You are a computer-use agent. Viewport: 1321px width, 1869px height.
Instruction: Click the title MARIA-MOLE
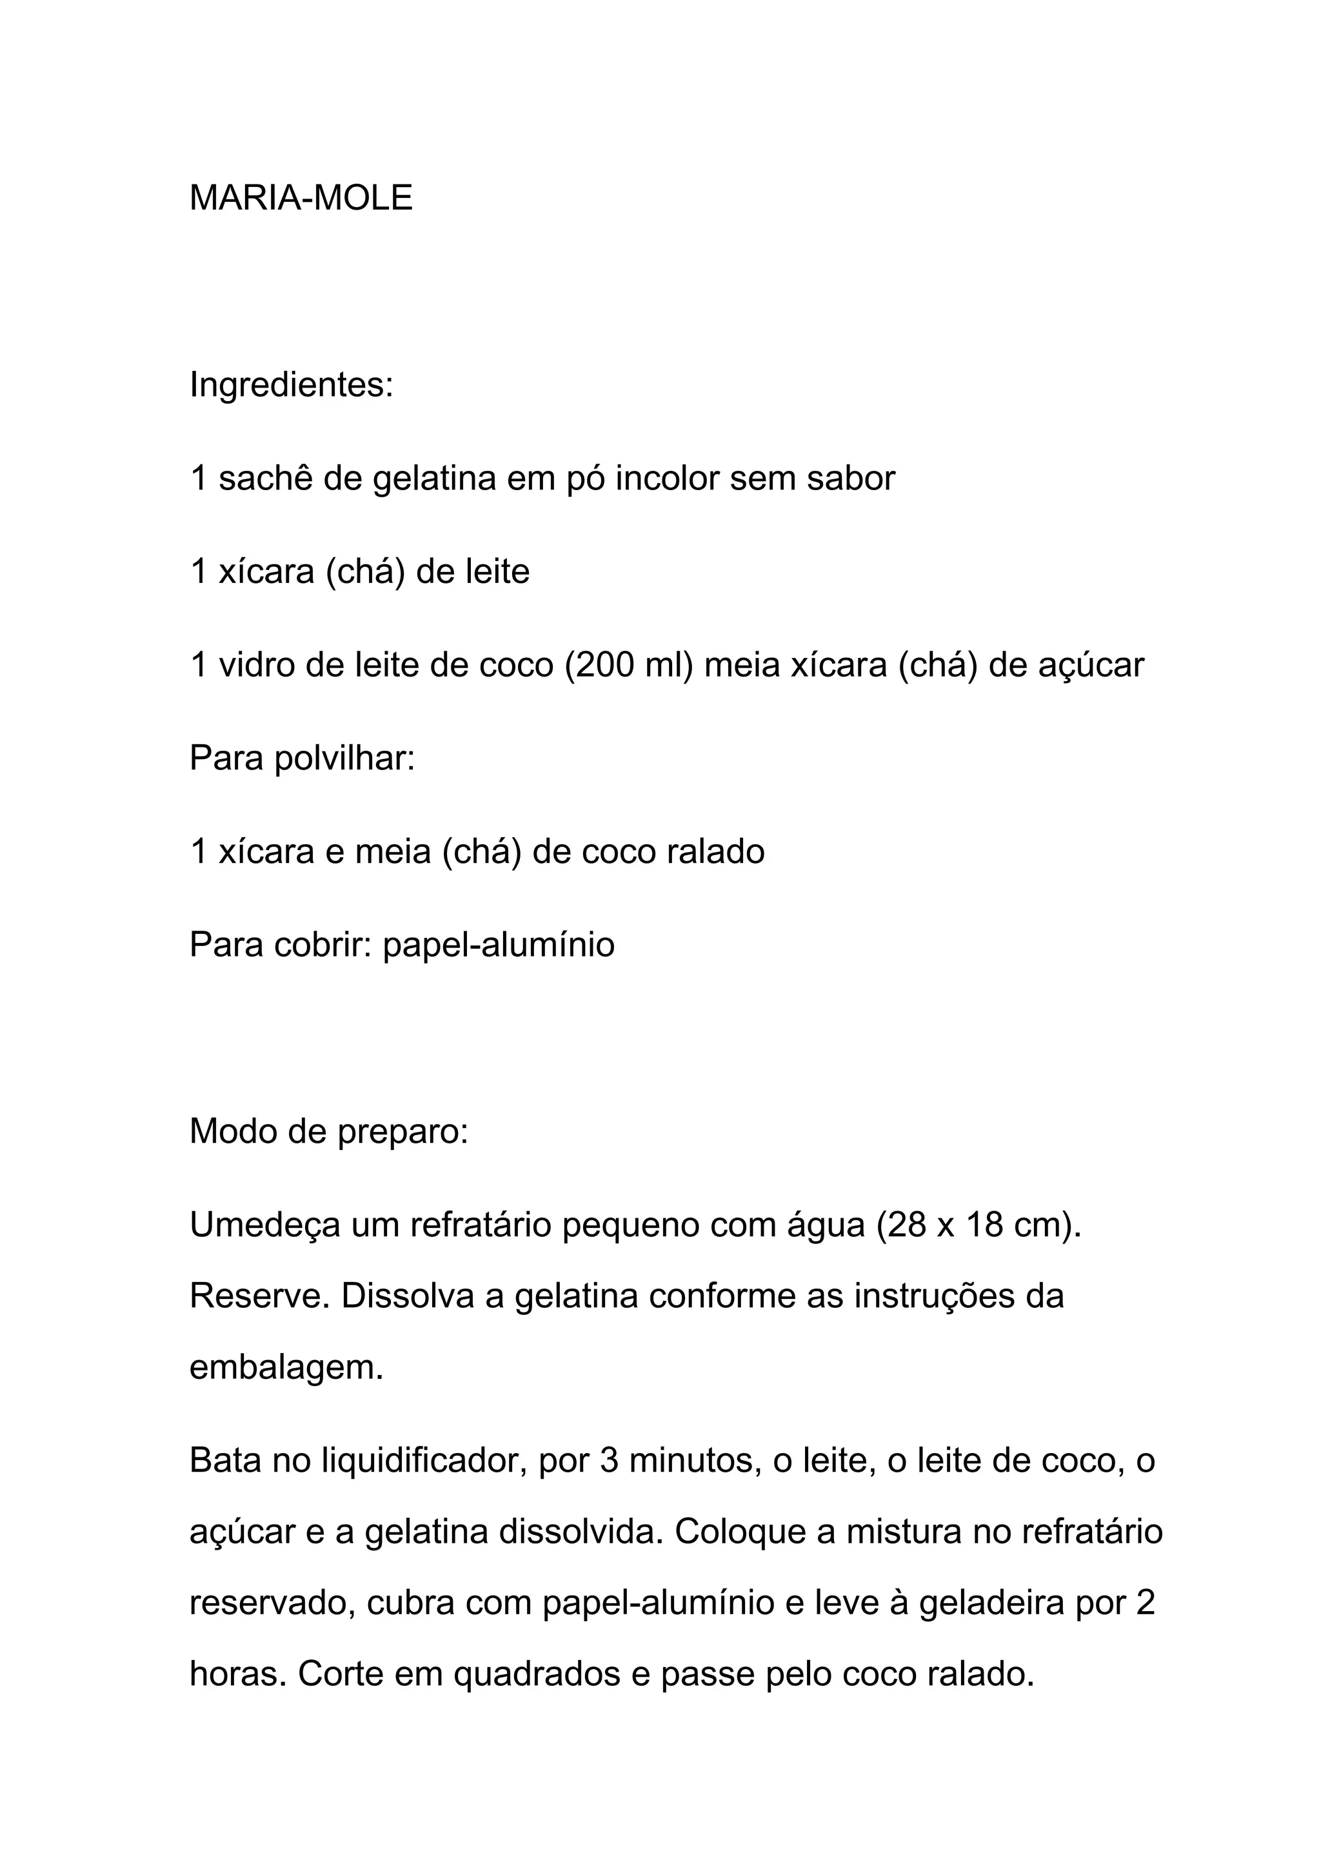tap(301, 198)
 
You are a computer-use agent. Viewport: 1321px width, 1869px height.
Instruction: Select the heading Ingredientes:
tap(290, 384)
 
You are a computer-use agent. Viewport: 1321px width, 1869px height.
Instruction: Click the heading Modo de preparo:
tap(329, 1131)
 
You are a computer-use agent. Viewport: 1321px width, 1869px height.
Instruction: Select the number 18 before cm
tap(985, 1225)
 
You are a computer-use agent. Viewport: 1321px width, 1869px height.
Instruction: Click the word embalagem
tap(285, 1367)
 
